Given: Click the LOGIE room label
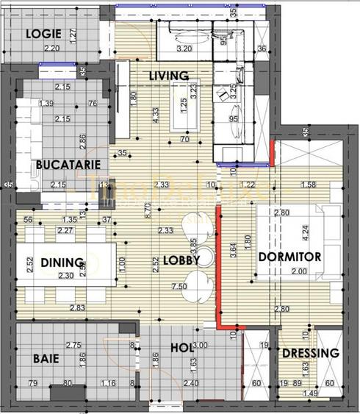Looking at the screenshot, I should click(x=43, y=33).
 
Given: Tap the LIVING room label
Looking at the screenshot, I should click(x=169, y=76).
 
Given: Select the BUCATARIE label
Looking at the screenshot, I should click(x=62, y=165).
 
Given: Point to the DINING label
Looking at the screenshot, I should click(x=62, y=263).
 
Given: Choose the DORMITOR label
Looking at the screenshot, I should click(x=290, y=257).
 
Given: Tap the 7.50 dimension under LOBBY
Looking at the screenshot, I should click(x=177, y=285).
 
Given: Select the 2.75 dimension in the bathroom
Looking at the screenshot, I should click(x=73, y=344).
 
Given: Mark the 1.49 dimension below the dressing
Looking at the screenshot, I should click(x=311, y=394).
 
